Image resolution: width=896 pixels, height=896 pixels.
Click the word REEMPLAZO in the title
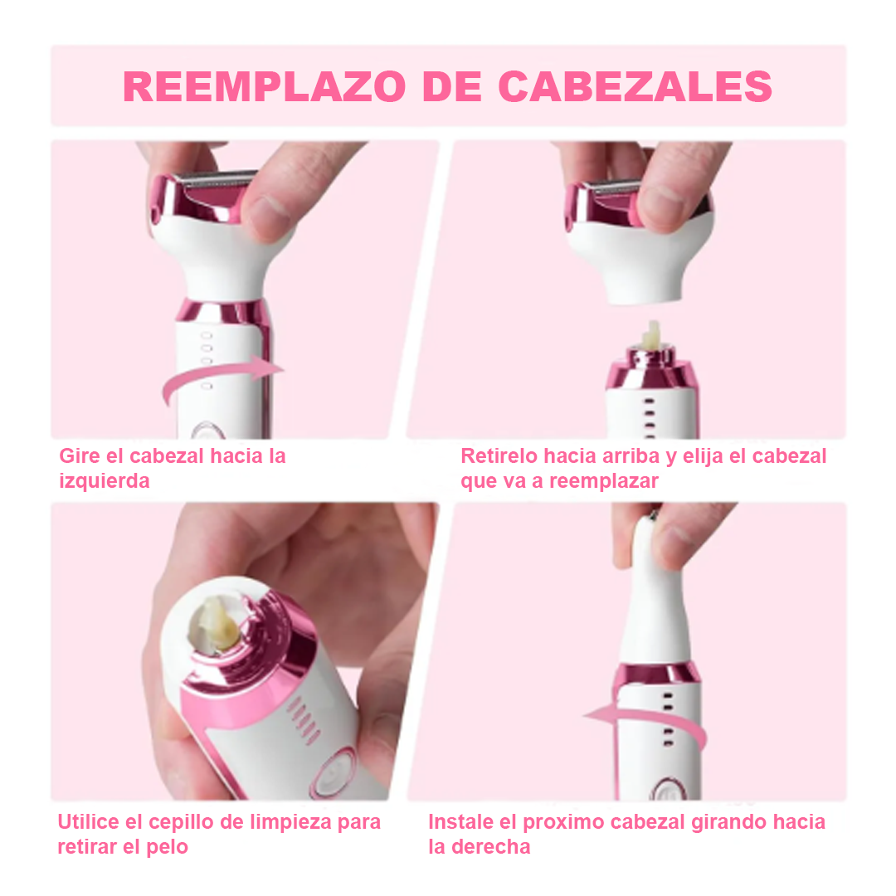point(265,87)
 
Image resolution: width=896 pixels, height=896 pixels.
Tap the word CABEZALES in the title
point(635,87)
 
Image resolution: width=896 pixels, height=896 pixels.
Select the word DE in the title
point(452,87)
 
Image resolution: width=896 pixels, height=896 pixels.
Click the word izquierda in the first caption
point(105,480)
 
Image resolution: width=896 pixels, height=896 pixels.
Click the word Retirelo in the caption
point(499,456)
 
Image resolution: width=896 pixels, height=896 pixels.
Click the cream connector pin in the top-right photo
point(651,336)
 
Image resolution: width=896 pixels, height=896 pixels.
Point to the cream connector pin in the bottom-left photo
point(214,625)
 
